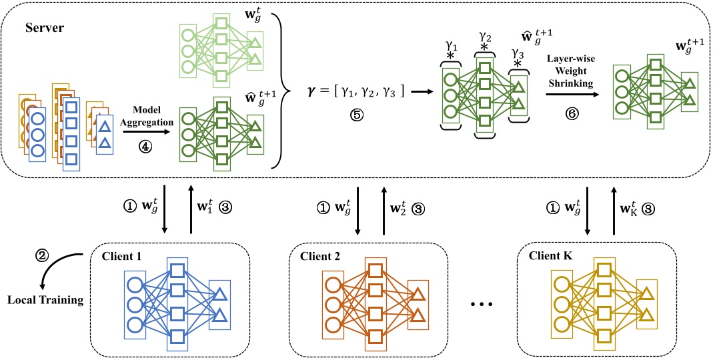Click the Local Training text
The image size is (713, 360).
[45, 299]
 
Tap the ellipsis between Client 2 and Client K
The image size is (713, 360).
[481, 305]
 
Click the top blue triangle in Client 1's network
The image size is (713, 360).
[219, 293]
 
